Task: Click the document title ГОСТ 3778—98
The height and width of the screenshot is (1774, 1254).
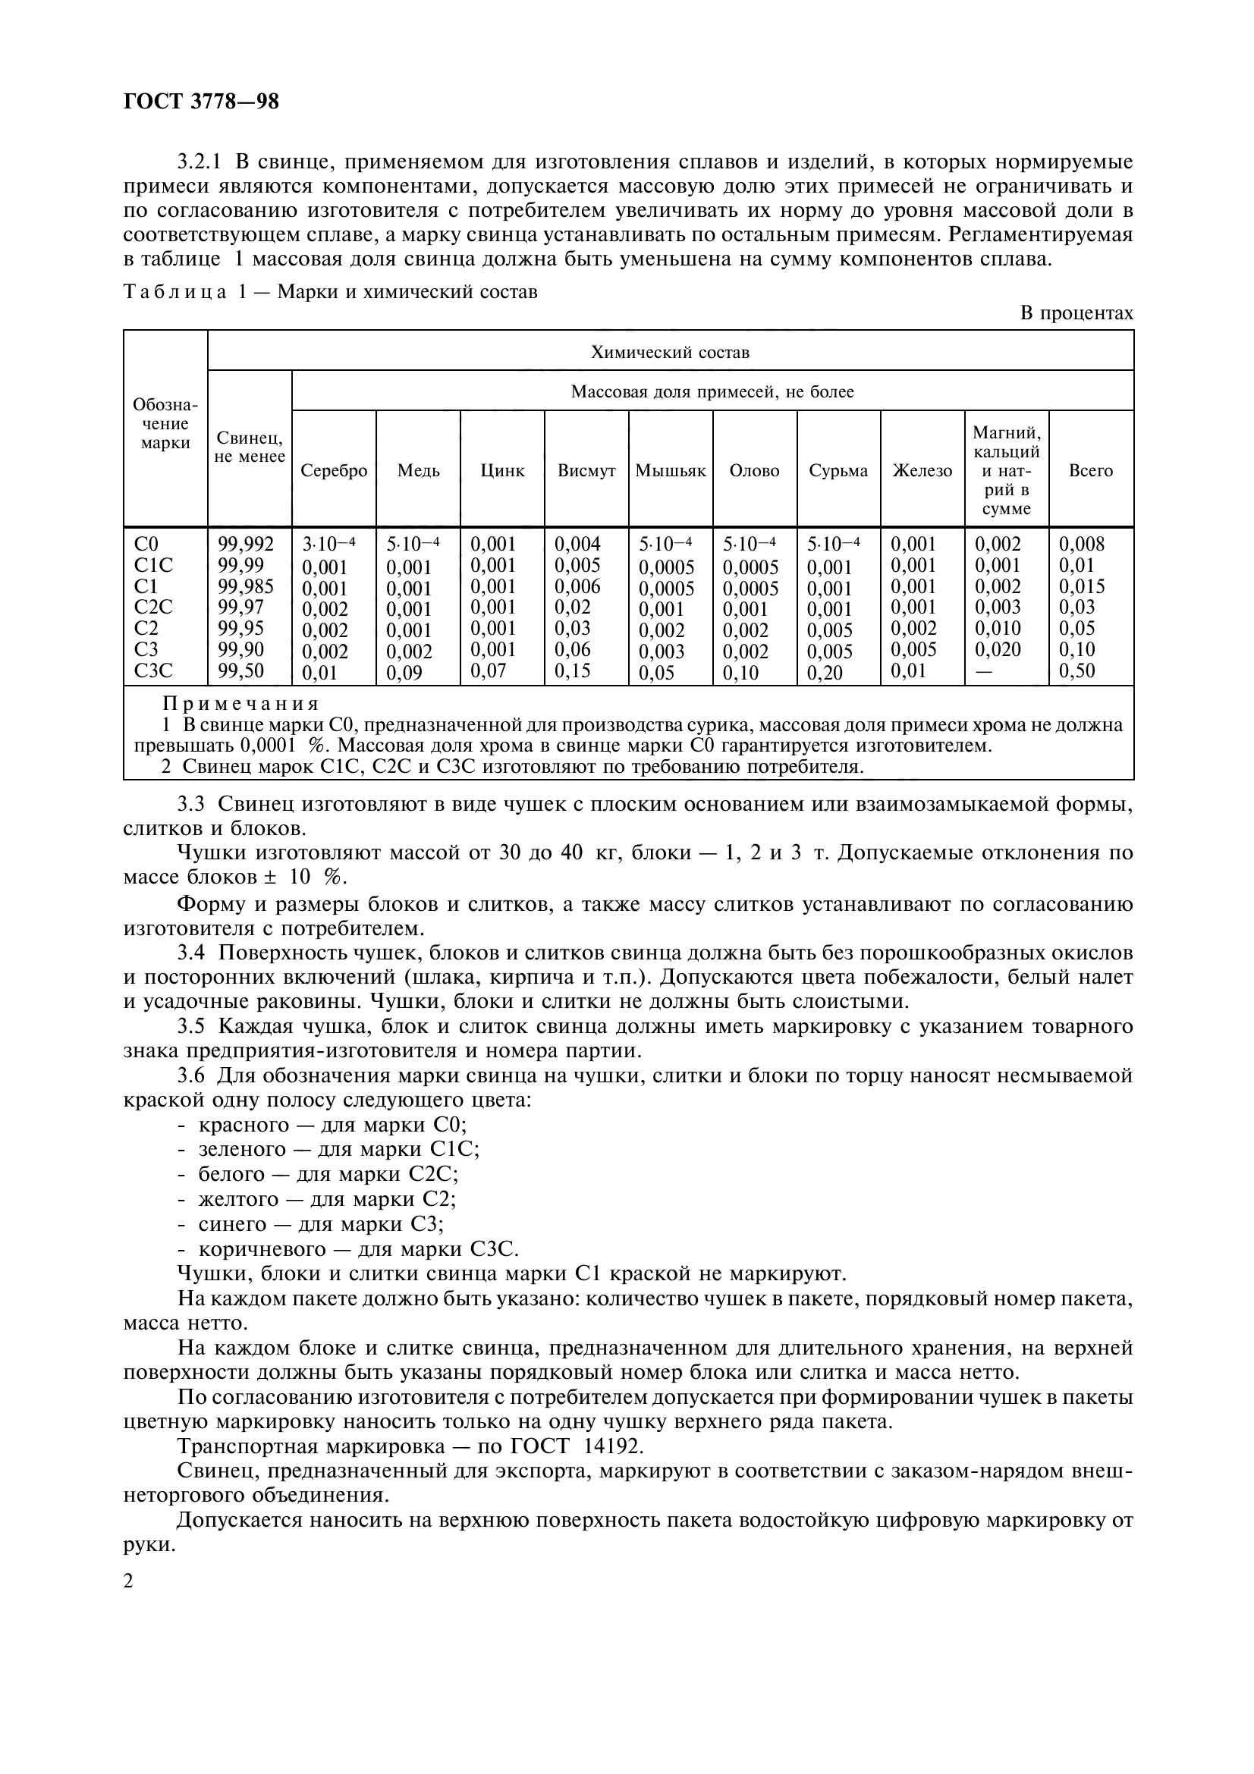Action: pos(201,101)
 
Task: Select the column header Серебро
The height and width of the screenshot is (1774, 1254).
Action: pos(334,470)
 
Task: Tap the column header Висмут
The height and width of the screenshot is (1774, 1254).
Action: pos(586,470)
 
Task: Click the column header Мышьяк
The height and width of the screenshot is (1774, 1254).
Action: pos(671,470)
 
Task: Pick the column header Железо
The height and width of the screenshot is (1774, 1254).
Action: pos(922,470)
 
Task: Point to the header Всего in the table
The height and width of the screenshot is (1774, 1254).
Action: pos(1090,470)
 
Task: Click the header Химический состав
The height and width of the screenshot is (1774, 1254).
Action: pos(670,353)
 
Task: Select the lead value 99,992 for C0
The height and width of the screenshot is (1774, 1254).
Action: pos(246,544)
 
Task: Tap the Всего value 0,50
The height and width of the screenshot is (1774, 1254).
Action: pos(1077,670)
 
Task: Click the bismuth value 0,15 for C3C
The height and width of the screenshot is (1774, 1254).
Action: pos(573,670)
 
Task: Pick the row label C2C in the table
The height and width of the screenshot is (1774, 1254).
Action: pos(153,608)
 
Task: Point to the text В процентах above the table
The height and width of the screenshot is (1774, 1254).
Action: pos(1076,313)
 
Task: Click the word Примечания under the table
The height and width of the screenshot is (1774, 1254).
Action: pos(241,704)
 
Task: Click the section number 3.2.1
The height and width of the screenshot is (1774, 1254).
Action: pos(200,162)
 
